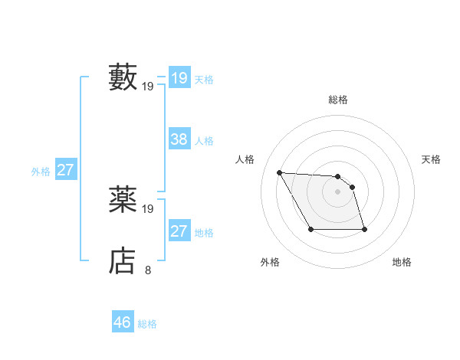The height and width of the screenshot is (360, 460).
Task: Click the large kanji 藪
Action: click(x=123, y=77)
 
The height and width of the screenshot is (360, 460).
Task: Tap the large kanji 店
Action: click(x=123, y=261)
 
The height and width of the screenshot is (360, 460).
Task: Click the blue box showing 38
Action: click(x=179, y=139)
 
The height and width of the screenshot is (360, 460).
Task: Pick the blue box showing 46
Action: click(x=123, y=322)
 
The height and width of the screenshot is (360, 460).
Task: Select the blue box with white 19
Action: click(x=179, y=78)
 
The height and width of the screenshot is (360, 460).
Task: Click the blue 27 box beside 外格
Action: click(x=65, y=170)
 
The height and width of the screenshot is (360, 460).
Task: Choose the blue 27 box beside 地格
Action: click(x=179, y=231)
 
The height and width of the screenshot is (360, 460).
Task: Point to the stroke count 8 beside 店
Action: click(x=148, y=270)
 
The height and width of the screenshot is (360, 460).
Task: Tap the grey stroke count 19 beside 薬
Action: click(x=148, y=208)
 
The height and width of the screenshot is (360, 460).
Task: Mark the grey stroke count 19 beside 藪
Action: click(x=148, y=87)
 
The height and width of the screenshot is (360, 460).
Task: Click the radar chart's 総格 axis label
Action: click(x=337, y=100)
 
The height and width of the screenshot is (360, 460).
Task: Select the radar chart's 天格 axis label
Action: click(x=432, y=159)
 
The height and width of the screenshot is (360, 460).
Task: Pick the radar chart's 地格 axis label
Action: click(x=402, y=262)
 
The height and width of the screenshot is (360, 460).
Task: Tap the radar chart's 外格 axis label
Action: click(x=270, y=262)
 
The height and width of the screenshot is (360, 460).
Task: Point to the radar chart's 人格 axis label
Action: click(x=245, y=159)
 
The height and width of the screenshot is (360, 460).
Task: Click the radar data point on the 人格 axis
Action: click(x=279, y=172)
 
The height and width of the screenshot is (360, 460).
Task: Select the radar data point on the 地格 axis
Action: click(x=364, y=229)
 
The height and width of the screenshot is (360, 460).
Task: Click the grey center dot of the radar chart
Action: click(x=337, y=191)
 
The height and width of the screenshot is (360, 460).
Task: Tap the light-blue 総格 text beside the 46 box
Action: click(x=147, y=324)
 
